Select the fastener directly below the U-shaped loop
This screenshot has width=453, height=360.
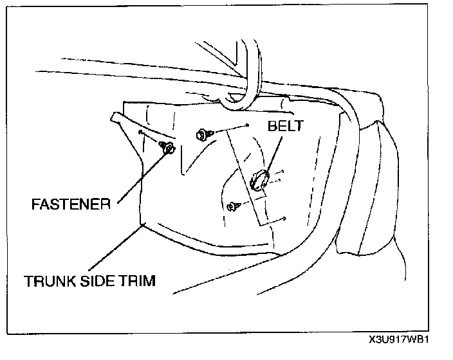pyautogui.click(x=201, y=134)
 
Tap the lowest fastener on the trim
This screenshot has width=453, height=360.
pyautogui.click(x=232, y=206)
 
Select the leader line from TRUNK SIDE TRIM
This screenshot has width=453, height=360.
pyautogui.click(x=116, y=248)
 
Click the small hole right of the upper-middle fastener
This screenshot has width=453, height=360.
pyautogui.click(x=247, y=127)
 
